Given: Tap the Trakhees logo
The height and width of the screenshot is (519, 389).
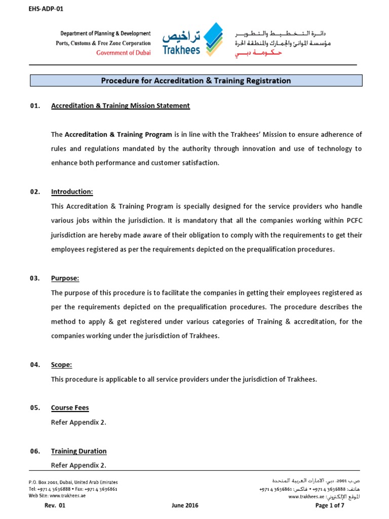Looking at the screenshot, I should tap(192, 39).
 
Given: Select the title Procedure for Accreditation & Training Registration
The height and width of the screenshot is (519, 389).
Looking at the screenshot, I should tap(196, 81).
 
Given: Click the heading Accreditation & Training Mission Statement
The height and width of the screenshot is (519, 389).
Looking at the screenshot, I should tap(120, 106).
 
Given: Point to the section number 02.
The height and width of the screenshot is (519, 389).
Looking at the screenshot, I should tap(34, 192).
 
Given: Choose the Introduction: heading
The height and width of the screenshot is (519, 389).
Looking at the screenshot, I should tap(72, 192).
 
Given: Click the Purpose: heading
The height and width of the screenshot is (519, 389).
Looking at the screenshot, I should tap(65, 278).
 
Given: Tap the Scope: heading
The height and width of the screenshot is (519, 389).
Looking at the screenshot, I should tap(61, 364).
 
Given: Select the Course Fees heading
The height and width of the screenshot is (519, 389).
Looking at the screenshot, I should tap(70, 407).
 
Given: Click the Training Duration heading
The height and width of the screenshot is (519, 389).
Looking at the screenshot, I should tap(79, 451).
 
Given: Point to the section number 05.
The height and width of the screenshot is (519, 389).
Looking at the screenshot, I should tap(34, 407).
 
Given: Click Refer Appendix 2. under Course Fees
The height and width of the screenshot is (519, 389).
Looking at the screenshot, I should tap(79, 422).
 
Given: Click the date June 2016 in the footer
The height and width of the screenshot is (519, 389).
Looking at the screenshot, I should tap(185, 505).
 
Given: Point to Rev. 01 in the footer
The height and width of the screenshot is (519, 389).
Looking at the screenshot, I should tap(56, 505).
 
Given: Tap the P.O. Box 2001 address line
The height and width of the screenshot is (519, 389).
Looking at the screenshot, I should tap(73, 482).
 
